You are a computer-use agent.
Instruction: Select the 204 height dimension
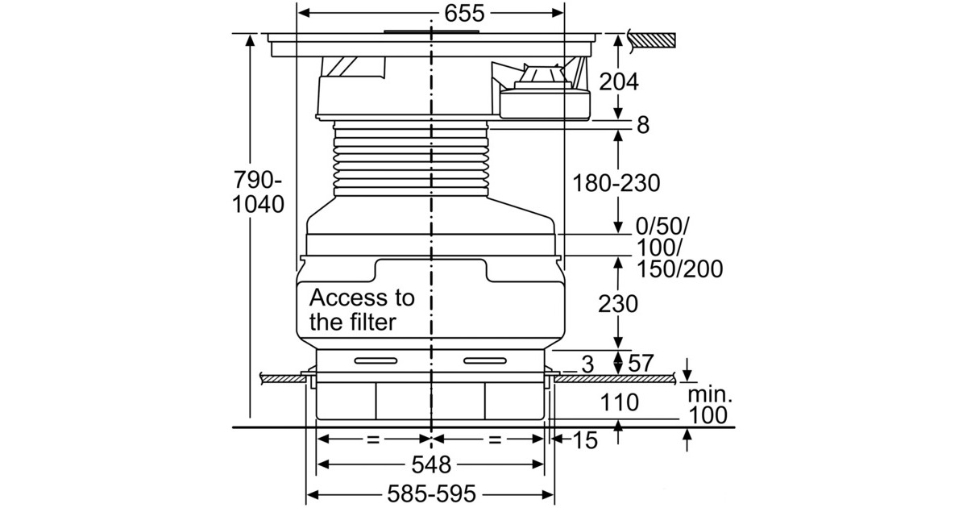619,81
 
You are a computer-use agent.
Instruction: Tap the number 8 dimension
642,125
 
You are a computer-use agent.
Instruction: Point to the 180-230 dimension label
616,183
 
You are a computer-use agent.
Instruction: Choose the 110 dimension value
617,401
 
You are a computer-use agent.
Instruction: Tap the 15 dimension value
587,440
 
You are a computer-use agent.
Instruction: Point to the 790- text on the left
257,178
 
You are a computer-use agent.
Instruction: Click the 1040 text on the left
258,205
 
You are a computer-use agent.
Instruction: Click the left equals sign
371,440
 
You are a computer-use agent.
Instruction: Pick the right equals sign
495,440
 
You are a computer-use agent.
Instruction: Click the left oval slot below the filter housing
376,359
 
